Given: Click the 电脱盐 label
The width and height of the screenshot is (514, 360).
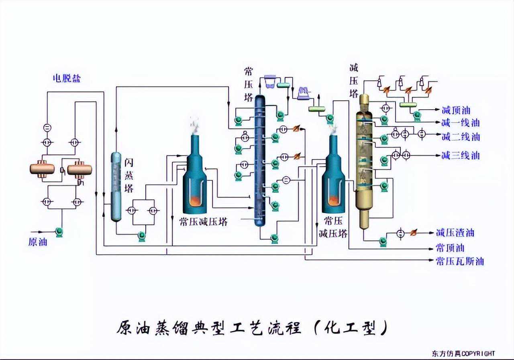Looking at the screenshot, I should pos(67,78).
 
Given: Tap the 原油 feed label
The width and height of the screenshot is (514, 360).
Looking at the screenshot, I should pos(38,242).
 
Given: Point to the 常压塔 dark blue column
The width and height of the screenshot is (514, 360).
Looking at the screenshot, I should pos(261,161).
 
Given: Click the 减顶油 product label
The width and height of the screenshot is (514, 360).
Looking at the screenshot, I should pos(455,110).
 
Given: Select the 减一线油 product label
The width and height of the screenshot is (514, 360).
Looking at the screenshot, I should pos(460,123).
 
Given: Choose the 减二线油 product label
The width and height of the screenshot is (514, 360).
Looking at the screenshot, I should pos(460,137).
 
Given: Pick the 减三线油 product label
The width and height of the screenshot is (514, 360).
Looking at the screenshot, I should pos(460,155).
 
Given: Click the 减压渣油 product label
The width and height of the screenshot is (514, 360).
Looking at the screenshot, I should pos(455,233).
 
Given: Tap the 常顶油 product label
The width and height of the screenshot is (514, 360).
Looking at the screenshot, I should pos(450,247).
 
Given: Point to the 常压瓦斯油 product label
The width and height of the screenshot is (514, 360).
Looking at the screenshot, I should pos(459,261).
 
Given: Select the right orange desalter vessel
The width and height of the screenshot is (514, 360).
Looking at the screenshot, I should pos(80,168).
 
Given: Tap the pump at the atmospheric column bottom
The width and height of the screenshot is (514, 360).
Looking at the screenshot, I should pos(275,239).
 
